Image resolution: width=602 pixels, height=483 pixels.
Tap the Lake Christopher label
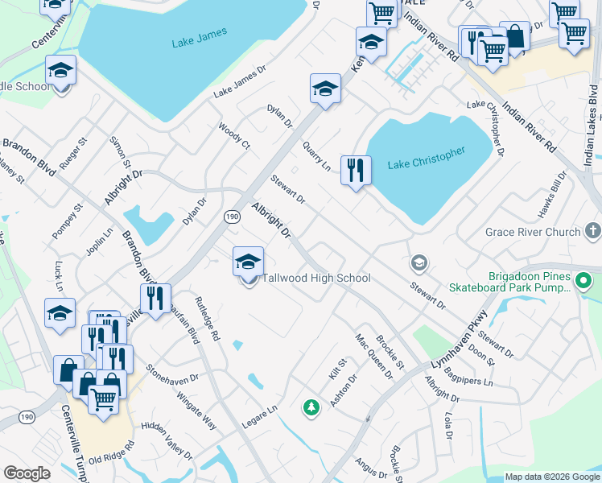tap(427, 158)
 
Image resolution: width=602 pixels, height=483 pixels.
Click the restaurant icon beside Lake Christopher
tap(355, 171)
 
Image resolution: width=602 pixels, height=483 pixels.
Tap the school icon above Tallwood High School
tap(248, 262)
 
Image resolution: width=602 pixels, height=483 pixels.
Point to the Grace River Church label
tap(533, 232)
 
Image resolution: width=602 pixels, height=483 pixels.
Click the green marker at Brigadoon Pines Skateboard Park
tap(585, 282)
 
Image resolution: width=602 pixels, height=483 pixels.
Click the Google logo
tap(27, 473)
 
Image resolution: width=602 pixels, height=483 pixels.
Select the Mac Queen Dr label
tap(374, 357)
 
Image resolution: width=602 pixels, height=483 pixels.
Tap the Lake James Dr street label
tap(239, 83)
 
